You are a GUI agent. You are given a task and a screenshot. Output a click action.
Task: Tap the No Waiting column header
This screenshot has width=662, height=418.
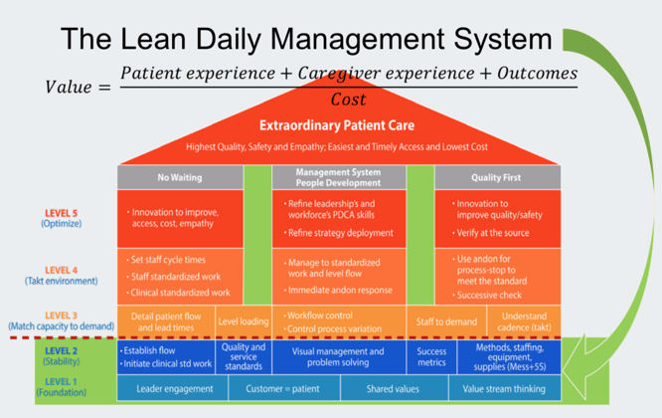180,177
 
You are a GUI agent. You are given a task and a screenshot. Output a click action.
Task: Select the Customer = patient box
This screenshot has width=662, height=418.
281,389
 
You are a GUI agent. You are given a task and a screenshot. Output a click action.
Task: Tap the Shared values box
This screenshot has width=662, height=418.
391,389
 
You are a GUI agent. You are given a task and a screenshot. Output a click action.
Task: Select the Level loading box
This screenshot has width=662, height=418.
244,321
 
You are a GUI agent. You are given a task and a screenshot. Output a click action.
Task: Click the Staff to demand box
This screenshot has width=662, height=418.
446,321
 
